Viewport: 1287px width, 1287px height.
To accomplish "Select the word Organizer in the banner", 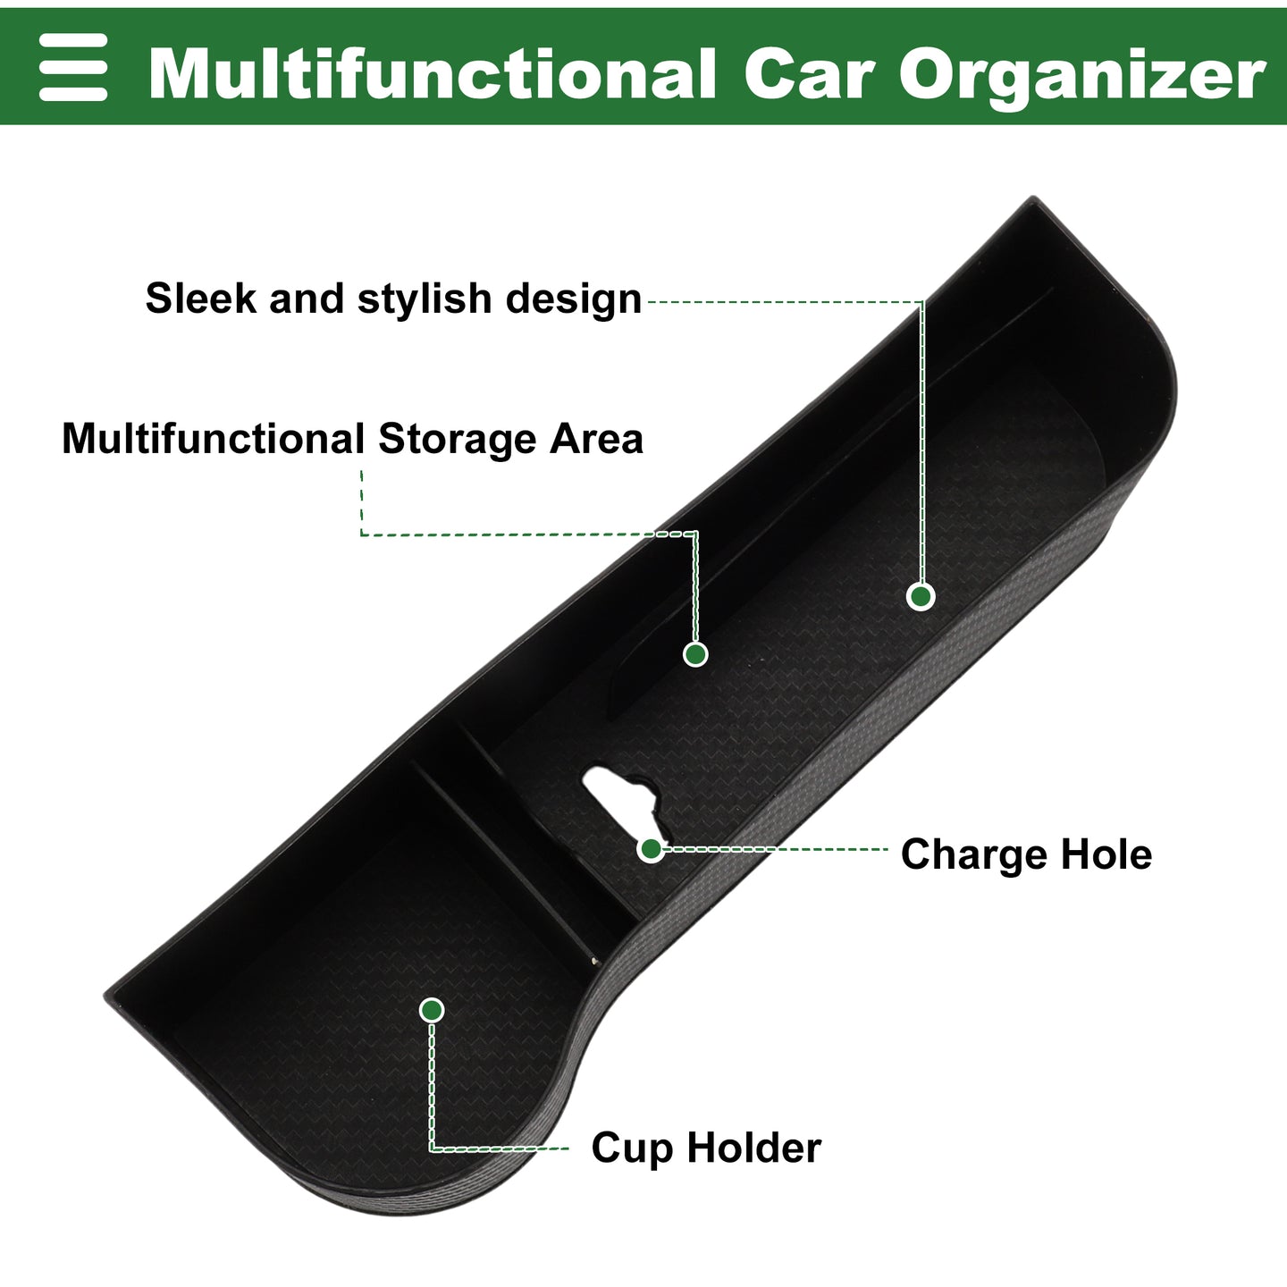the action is (x=1082, y=78).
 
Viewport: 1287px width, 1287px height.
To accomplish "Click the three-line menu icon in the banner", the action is (x=73, y=67).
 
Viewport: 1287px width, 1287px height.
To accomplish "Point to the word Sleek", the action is (x=200, y=298).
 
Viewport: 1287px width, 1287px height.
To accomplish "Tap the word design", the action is (x=574, y=299).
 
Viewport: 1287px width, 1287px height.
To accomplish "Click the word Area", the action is (x=596, y=440).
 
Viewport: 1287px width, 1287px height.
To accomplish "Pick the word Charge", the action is (x=974, y=855).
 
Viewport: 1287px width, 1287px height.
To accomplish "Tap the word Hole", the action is (x=1106, y=854).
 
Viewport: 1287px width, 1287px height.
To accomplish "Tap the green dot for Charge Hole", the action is (x=651, y=849).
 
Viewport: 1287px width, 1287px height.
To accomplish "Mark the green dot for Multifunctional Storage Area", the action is (x=695, y=653).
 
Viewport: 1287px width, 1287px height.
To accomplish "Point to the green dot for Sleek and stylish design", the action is (x=921, y=596).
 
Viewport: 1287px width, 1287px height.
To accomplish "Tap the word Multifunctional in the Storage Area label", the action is (x=213, y=440).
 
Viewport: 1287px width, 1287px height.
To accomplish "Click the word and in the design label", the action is (x=307, y=298).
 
